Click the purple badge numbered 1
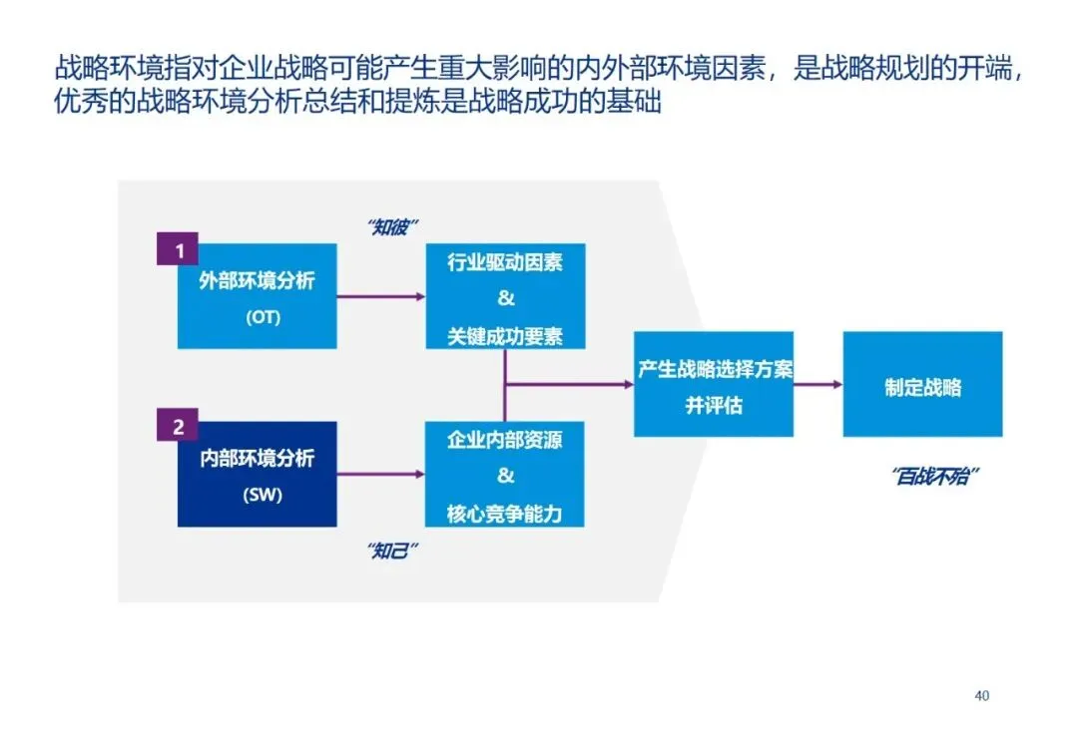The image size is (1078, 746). point(179,250)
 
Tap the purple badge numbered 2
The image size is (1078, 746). point(179,427)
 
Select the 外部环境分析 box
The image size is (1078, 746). point(258,296)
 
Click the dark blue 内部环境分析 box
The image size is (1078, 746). point(258,474)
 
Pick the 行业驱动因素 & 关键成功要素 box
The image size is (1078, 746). point(505,296)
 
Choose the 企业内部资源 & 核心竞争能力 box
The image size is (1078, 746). point(505,474)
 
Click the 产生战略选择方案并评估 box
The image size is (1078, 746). point(714,384)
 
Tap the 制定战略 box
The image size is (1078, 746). point(922,384)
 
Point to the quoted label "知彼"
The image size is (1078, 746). point(392,226)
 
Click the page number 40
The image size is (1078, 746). point(981,695)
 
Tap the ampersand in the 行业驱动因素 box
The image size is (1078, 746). point(505,298)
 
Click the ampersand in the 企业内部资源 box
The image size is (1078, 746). point(505,475)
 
